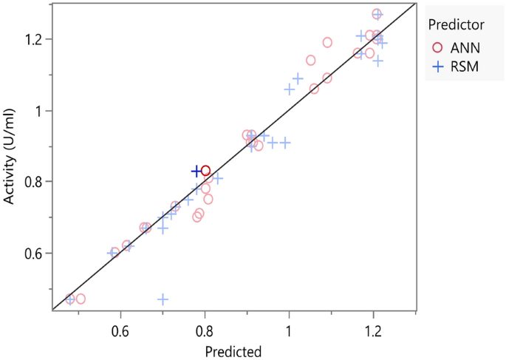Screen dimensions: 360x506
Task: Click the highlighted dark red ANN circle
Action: pos(205,171)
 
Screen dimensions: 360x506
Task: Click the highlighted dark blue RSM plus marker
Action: pos(196,171)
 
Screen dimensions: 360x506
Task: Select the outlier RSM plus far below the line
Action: pos(163,299)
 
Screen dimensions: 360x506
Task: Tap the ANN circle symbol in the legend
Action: pos(437,47)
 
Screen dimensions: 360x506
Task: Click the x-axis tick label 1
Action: pos(289,330)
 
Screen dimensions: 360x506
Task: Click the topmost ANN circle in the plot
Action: pos(377,14)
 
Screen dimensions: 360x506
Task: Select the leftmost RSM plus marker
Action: pos(69,299)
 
